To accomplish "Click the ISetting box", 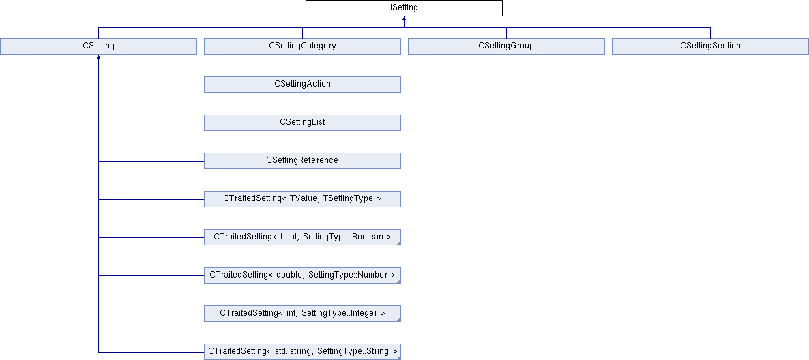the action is point(404,8).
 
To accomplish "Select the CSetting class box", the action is point(98,46).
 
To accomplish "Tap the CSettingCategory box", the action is point(302,46).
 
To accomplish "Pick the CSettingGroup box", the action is point(506,46).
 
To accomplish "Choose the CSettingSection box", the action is point(711,46).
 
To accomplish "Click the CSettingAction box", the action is point(302,85).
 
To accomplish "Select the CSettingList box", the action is point(302,123).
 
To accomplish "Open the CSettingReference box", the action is point(302,161).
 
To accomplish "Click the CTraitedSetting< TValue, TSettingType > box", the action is point(302,199).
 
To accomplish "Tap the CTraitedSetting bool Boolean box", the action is point(302,237).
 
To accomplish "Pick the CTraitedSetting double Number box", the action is point(302,275).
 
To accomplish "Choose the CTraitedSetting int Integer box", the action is point(302,314).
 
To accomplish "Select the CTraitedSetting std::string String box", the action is point(302,352).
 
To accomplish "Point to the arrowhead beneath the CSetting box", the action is point(98,57).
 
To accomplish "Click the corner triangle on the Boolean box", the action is point(398,243).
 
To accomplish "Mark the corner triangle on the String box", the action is point(398,357).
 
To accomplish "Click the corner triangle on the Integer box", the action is point(398,319).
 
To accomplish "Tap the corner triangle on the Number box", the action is point(398,281).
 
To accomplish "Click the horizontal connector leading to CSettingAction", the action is point(151,85).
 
